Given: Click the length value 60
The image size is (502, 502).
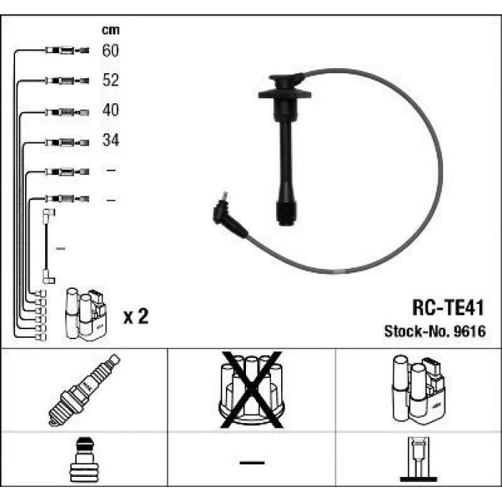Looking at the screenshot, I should (110, 50).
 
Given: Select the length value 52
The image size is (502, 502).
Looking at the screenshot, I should (110, 80).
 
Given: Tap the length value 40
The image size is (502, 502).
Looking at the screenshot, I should (110, 110).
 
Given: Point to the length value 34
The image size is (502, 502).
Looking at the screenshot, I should (110, 141).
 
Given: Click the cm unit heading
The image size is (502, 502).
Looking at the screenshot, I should (110, 30).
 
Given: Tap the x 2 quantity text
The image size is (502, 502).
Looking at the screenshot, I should (136, 316).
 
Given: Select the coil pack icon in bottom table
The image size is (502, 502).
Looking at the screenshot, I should (417, 388).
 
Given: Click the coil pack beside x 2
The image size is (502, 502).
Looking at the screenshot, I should (85, 313).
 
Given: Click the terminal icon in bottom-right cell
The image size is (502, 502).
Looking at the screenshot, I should (418, 461).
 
